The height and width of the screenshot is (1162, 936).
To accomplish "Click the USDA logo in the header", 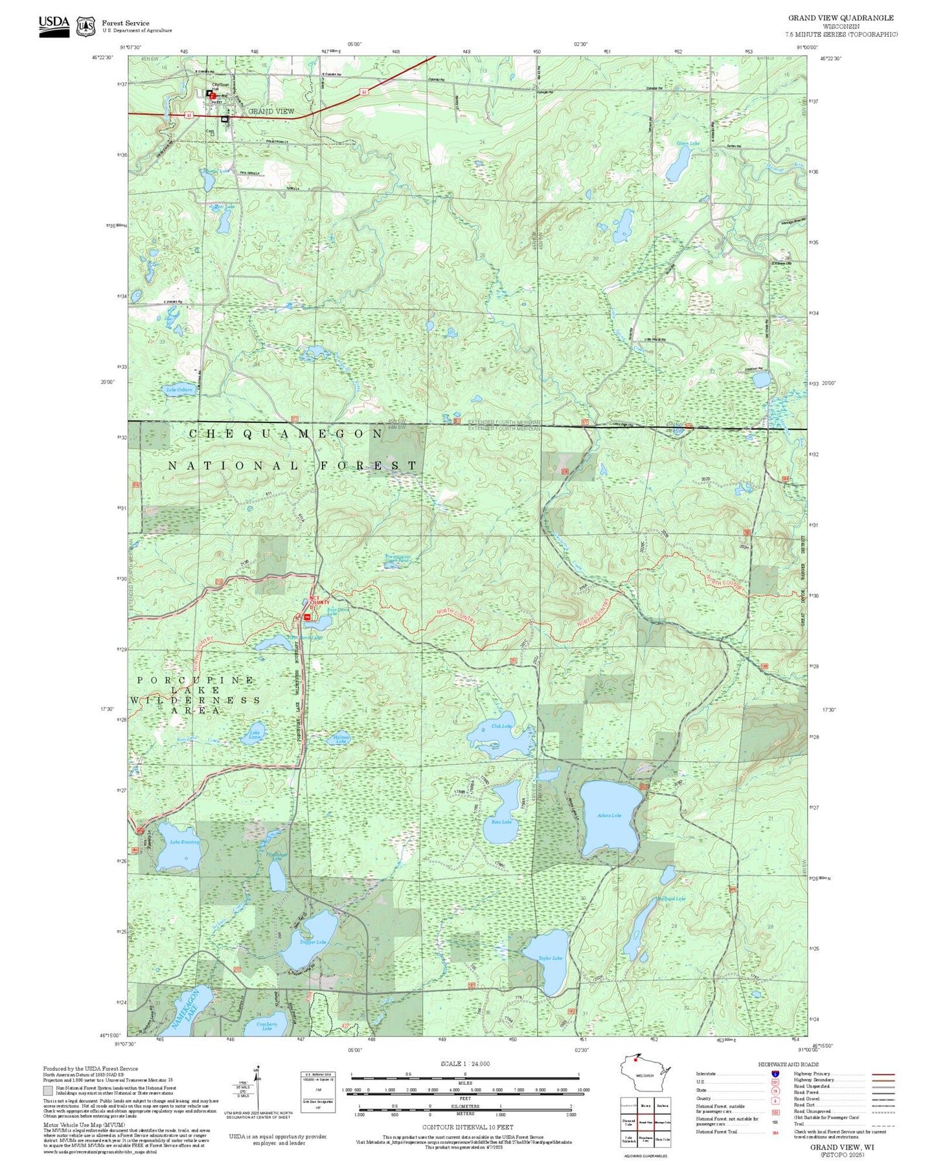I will [54, 26].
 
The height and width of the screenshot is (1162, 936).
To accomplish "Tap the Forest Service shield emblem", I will [86, 27].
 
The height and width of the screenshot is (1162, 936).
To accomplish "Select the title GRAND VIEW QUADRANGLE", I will [840, 18].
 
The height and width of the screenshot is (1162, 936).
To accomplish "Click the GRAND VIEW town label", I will [271, 111].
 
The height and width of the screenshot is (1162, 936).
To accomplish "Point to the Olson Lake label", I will [688, 143].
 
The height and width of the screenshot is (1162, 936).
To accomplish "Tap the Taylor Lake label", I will [550, 958].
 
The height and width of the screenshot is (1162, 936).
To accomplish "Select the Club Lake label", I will [501, 726].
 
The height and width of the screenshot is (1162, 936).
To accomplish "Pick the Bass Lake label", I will [501, 822].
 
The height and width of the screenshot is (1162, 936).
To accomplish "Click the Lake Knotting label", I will [185, 842].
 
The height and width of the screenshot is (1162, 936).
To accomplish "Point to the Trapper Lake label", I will [313, 942].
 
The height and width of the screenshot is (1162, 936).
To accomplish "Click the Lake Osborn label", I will [179, 390].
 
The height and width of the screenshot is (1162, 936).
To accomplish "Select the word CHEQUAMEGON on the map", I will [286, 433].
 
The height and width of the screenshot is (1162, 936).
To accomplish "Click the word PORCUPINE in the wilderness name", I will [196, 680].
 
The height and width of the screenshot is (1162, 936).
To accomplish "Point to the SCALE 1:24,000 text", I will [464, 1064].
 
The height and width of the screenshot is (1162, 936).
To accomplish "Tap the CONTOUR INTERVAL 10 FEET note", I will [467, 1127].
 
